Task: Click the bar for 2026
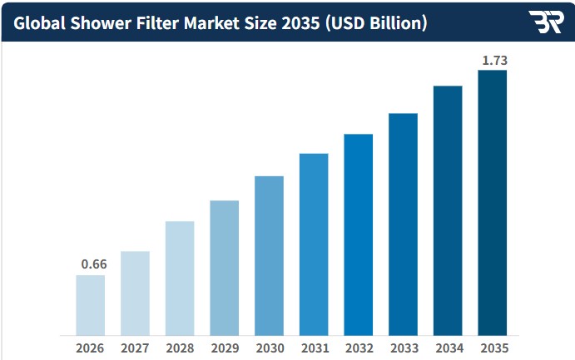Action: pyautogui.click(x=90, y=305)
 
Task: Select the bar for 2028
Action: pyautogui.click(x=180, y=279)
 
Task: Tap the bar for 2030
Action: pyautogui.click(x=269, y=255)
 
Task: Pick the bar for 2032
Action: pyautogui.click(x=359, y=234)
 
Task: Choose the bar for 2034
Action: pyautogui.click(x=448, y=210)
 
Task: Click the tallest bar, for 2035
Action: pyautogui.click(x=493, y=203)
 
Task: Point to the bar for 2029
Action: pyautogui.click(x=225, y=268)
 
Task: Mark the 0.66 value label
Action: pyautogui.click(x=94, y=264)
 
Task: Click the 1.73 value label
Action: pyautogui.click(x=494, y=61)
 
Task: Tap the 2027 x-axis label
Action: pyautogui.click(x=135, y=348)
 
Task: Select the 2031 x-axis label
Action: pyautogui.click(x=315, y=348)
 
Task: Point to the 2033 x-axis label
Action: pyautogui.click(x=404, y=348)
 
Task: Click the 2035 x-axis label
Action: pyautogui.click(x=494, y=348)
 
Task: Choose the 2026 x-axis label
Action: pyautogui.click(x=90, y=348)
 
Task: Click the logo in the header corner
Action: pyautogui.click(x=546, y=22)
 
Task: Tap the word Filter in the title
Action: pyautogui.click(x=157, y=23)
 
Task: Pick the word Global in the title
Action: pyautogui.click(x=39, y=23)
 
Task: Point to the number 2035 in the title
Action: pyautogui.click(x=300, y=23)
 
